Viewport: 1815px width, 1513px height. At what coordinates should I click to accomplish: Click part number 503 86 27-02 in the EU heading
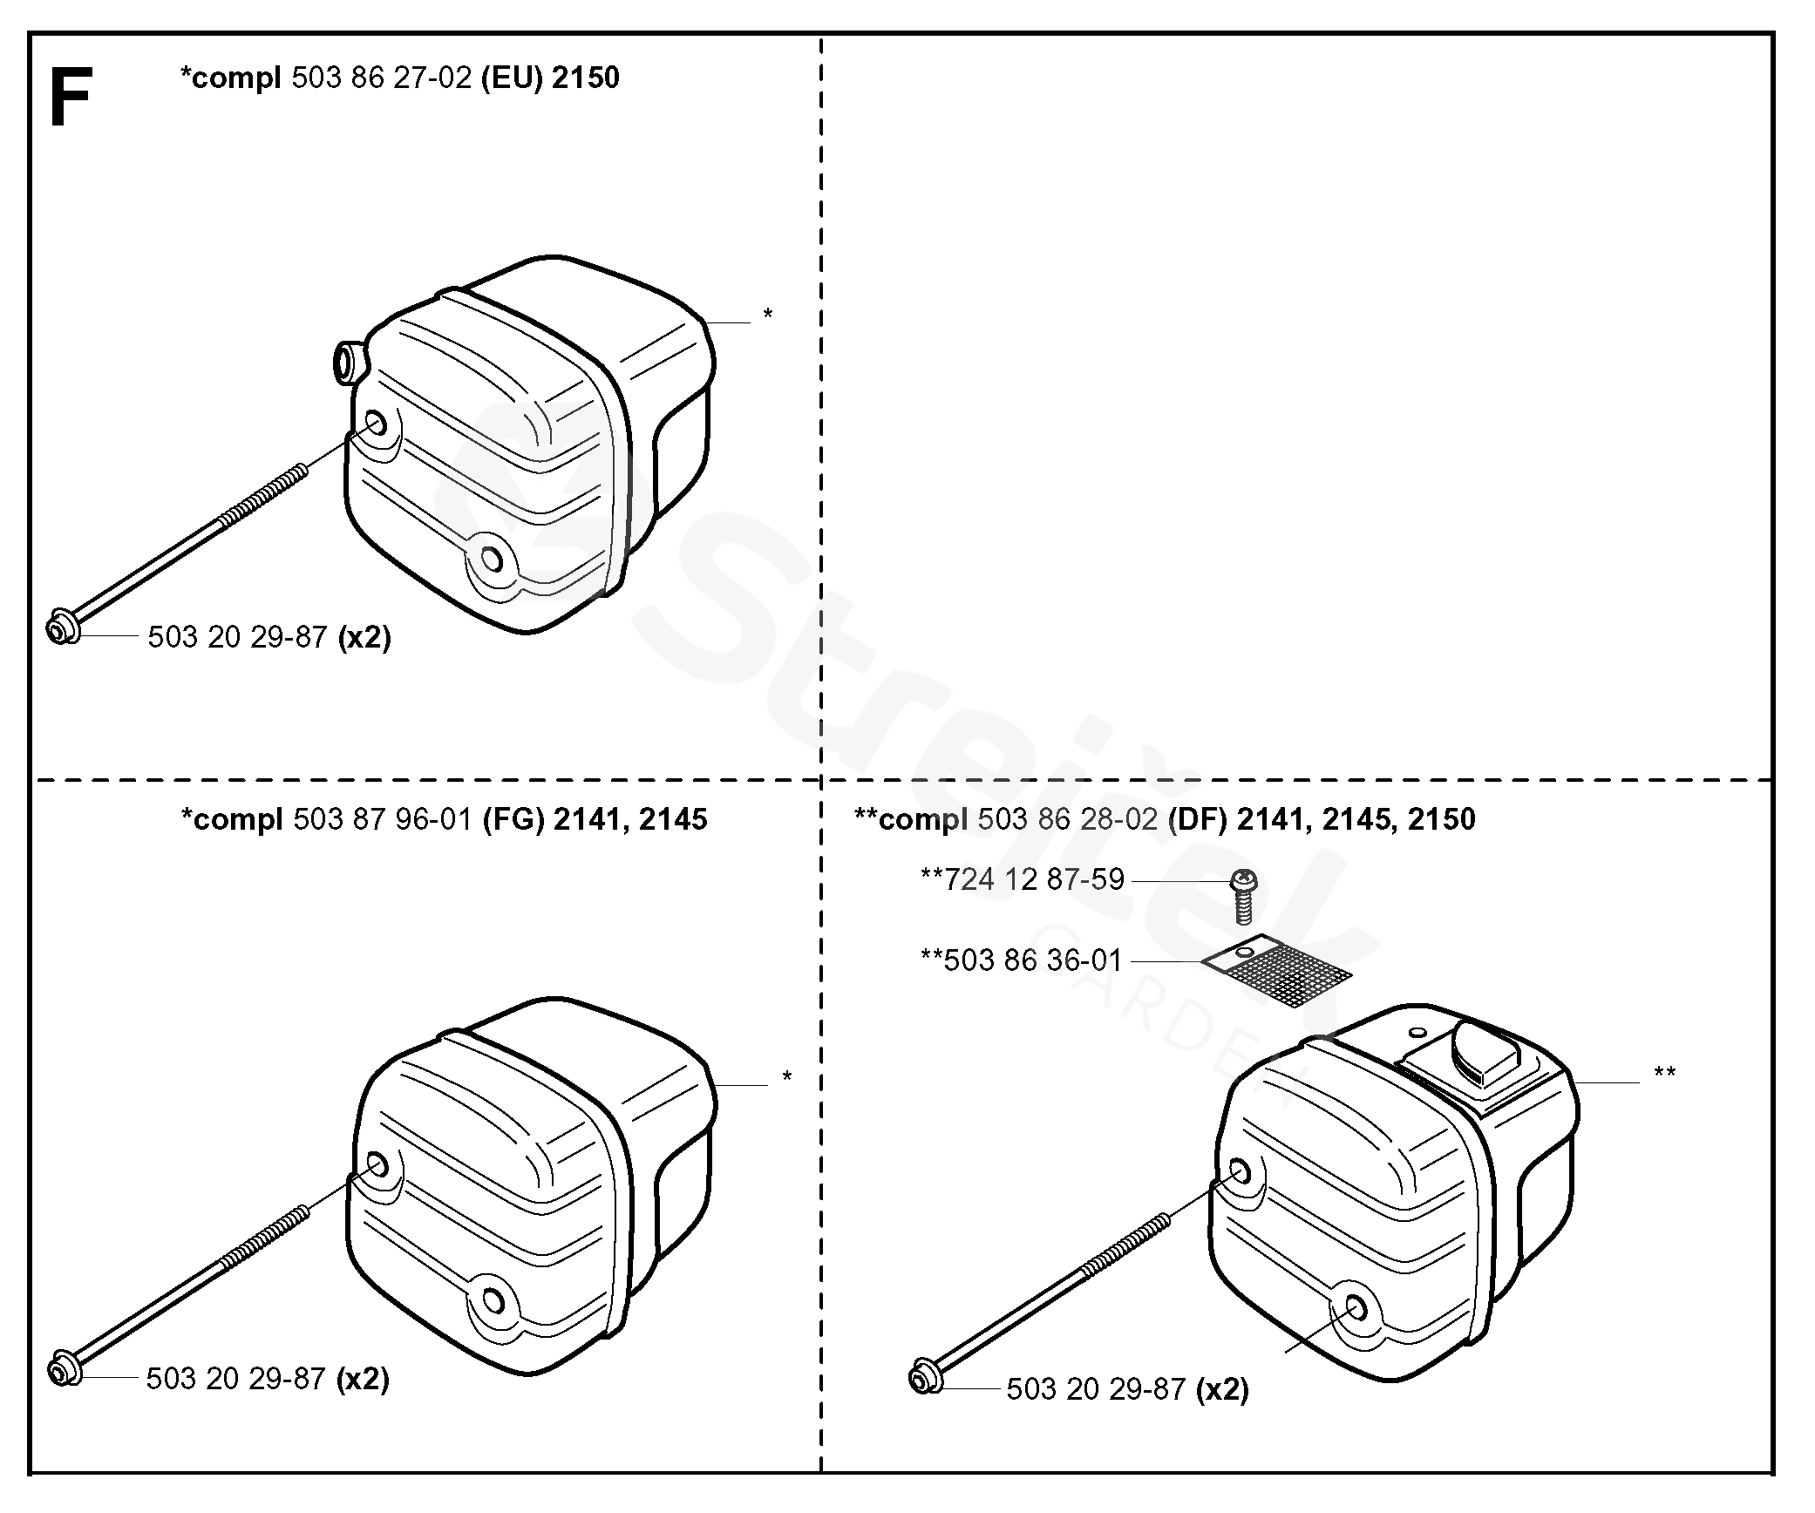382,78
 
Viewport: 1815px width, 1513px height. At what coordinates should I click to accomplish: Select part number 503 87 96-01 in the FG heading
383,819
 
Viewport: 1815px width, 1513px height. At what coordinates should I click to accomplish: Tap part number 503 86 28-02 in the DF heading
1068,819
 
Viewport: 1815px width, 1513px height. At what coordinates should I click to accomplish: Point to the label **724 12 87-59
1023,879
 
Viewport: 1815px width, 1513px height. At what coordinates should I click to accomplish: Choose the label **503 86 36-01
1021,960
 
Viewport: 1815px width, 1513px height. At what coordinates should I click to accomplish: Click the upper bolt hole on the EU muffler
376,425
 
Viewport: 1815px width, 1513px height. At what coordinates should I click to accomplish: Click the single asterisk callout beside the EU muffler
767,315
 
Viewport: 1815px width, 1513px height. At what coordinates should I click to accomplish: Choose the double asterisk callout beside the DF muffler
1664,1074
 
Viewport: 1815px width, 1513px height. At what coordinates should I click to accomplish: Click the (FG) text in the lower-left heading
513,819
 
